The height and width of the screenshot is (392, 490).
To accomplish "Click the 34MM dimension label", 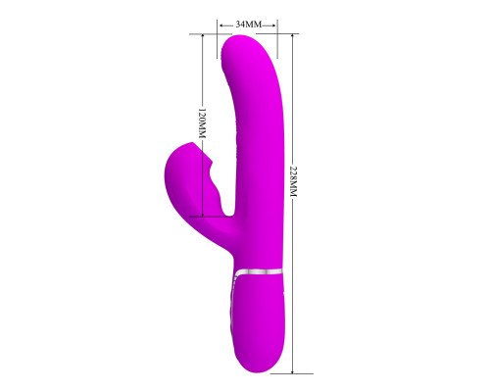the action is [249, 24].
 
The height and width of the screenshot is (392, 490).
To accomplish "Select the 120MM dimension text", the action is [203, 123].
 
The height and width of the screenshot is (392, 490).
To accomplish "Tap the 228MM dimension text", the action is [293, 181].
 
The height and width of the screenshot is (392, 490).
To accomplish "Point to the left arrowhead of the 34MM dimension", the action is [221, 24].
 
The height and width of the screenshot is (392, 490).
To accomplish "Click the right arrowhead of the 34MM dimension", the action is [273, 24].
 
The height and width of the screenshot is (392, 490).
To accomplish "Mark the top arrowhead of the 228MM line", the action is [293, 36].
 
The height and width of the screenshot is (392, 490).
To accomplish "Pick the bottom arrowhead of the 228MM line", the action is [293, 371].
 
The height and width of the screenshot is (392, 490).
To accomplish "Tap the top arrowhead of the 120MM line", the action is [203, 36].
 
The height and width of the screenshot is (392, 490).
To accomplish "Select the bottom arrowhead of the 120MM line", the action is [203, 214].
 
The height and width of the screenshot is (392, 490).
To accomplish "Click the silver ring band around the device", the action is [258, 271].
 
